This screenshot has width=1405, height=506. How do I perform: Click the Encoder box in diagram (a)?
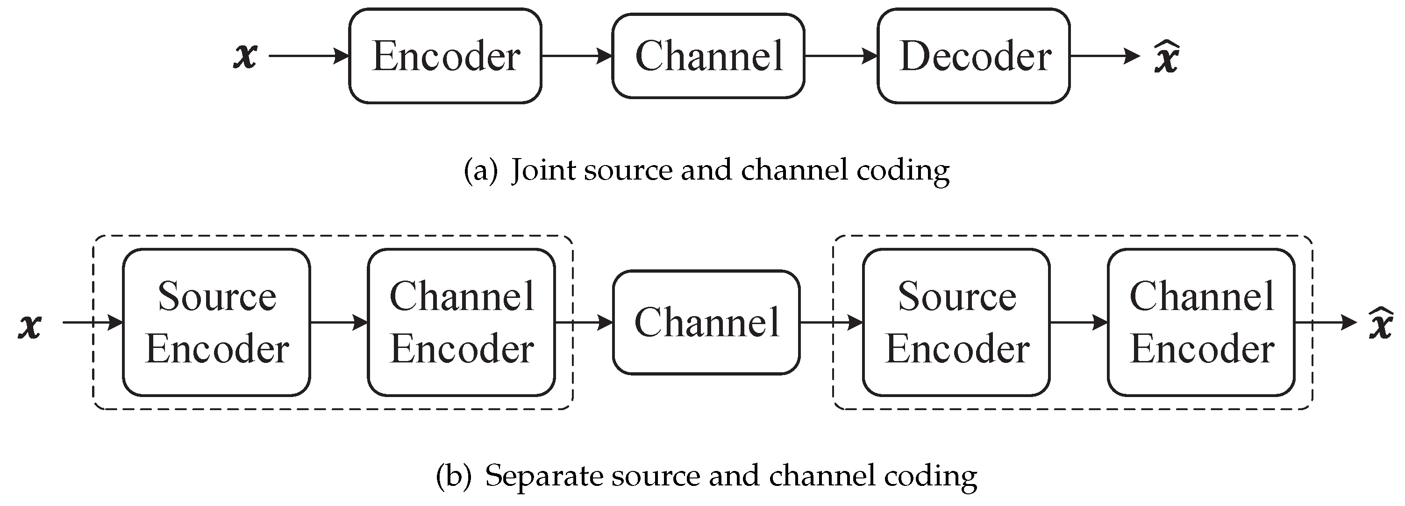click(x=445, y=56)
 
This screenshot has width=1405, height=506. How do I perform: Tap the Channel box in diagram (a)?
click(x=708, y=56)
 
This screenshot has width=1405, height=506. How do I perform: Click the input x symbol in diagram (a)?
click(x=245, y=56)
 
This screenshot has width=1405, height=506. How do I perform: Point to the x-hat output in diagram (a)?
click(x=1167, y=58)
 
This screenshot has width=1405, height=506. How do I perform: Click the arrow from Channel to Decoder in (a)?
click(x=841, y=56)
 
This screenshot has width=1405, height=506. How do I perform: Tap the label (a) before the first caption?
click(x=480, y=170)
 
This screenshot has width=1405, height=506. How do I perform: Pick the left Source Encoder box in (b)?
click(x=216, y=322)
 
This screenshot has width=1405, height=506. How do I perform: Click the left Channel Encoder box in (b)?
click(x=462, y=322)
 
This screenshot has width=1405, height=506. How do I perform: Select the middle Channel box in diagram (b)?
click(x=706, y=322)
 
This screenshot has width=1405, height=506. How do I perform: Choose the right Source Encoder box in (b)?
click(x=956, y=322)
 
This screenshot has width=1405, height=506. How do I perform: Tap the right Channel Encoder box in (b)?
click(x=1201, y=322)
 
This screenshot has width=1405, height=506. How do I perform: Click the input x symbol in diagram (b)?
click(x=30, y=325)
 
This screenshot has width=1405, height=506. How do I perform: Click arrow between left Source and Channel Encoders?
click(x=339, y=323)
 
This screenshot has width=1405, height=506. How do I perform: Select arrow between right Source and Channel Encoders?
click(x=1078, y=323)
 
